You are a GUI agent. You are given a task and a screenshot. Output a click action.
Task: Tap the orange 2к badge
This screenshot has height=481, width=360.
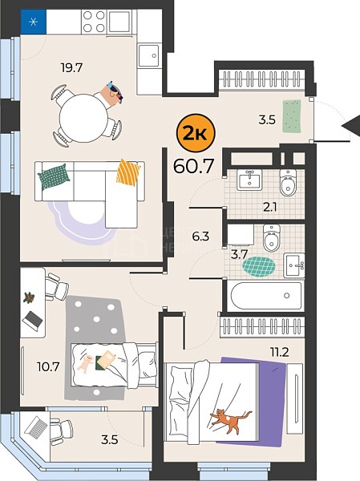196,133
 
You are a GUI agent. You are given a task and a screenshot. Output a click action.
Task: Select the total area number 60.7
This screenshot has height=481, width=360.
193,167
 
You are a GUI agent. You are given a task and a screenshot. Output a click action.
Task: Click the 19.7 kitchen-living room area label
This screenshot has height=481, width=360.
72,67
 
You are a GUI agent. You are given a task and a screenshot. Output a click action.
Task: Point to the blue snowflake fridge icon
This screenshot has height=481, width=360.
34,22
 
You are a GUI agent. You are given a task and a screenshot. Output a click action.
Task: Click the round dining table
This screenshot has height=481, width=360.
83,118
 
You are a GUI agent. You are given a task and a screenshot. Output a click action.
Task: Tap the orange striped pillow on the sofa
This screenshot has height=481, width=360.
128,172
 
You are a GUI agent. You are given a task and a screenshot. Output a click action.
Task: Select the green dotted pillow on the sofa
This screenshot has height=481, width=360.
54,176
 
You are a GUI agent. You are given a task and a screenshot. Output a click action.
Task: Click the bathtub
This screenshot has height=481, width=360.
265,296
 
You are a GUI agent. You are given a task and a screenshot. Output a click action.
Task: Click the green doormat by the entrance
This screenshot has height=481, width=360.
292,116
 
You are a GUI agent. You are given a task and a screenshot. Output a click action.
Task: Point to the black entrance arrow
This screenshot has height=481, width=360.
351,125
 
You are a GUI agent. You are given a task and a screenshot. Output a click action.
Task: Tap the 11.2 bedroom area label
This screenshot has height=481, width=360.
279,353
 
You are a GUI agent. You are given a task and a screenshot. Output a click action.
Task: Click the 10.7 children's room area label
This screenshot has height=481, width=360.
48,366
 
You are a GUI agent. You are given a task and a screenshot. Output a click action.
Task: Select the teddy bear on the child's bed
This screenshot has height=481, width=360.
86,362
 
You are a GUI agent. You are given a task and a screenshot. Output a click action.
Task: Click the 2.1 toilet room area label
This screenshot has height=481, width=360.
269,208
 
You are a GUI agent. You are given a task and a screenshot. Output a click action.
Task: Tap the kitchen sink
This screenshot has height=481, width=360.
149,56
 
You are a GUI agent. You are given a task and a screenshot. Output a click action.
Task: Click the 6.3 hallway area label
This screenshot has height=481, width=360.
200,236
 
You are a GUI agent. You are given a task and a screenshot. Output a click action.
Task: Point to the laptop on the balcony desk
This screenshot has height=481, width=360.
36,426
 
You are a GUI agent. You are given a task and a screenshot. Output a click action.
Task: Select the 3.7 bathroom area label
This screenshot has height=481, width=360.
239,254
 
